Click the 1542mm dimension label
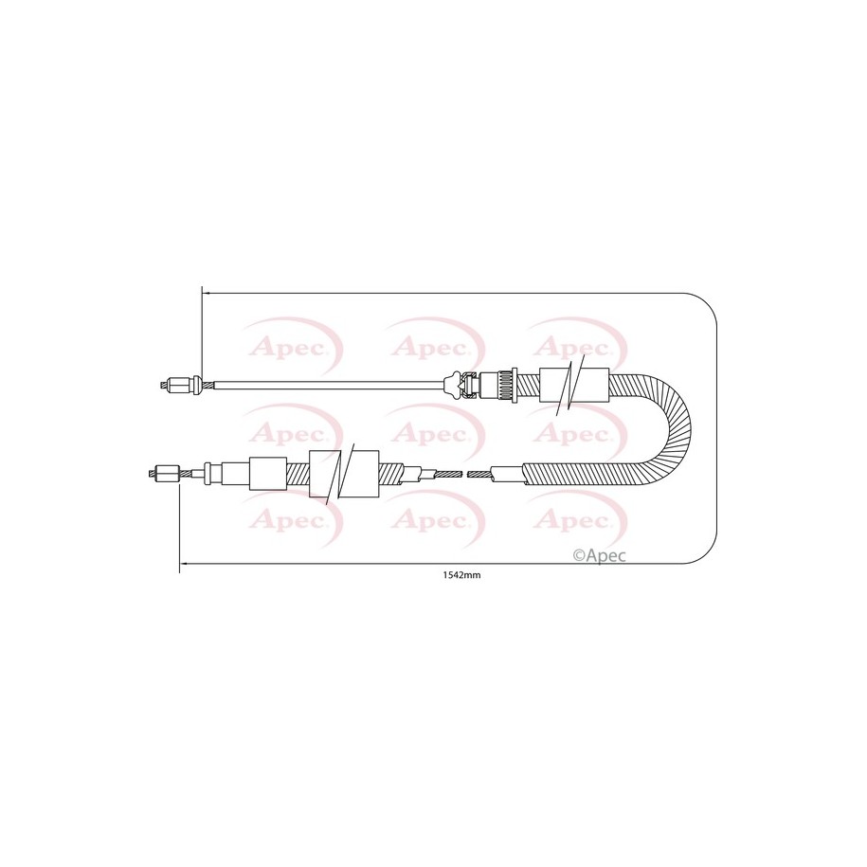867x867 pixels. pyautogui.click(x=461, y=575)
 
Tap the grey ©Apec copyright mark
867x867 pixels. pyautogui.click(x=600, y=555)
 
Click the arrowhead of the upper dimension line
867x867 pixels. pyautogui.click(x=207, y=294)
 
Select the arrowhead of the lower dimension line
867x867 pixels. pyautogui.click(x=184, y=564)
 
